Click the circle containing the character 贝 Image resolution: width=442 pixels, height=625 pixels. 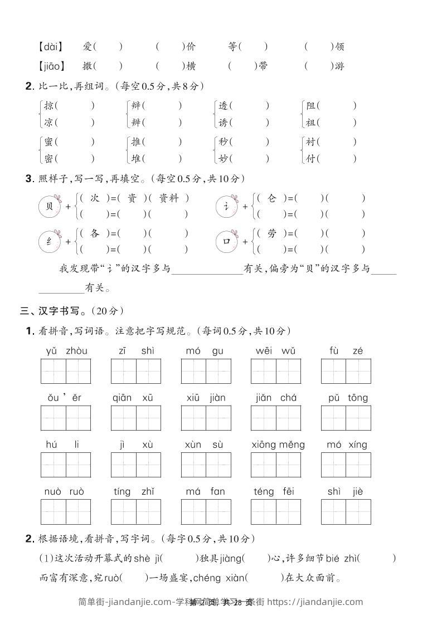pyautogui.click(x=50, y=206)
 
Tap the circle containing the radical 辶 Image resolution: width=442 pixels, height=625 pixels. pyautogui.click(x=226, y=206)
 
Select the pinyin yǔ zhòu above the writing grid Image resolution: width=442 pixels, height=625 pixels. pyautogui.click(x=66, y=351)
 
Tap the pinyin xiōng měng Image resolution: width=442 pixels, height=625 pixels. pyautogui.click(x=278, y=445)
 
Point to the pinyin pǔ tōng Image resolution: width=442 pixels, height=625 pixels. pyautogui.click(x=346, y=398)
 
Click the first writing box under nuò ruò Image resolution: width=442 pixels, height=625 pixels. pyautogui.click(x=54, y=512)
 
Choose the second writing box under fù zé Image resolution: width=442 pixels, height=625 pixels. pyautogui.click(x=358, y=372)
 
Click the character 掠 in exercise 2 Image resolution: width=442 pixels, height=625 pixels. pyautogui.click(x=49, y=105)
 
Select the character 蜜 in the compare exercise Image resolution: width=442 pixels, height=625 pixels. pyautogui.click(x=49, y=142)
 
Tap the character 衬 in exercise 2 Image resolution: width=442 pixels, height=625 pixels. pyautogui.click(x=311, y=142)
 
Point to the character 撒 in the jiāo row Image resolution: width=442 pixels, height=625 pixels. pyautogui.click(x=87, y=66)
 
